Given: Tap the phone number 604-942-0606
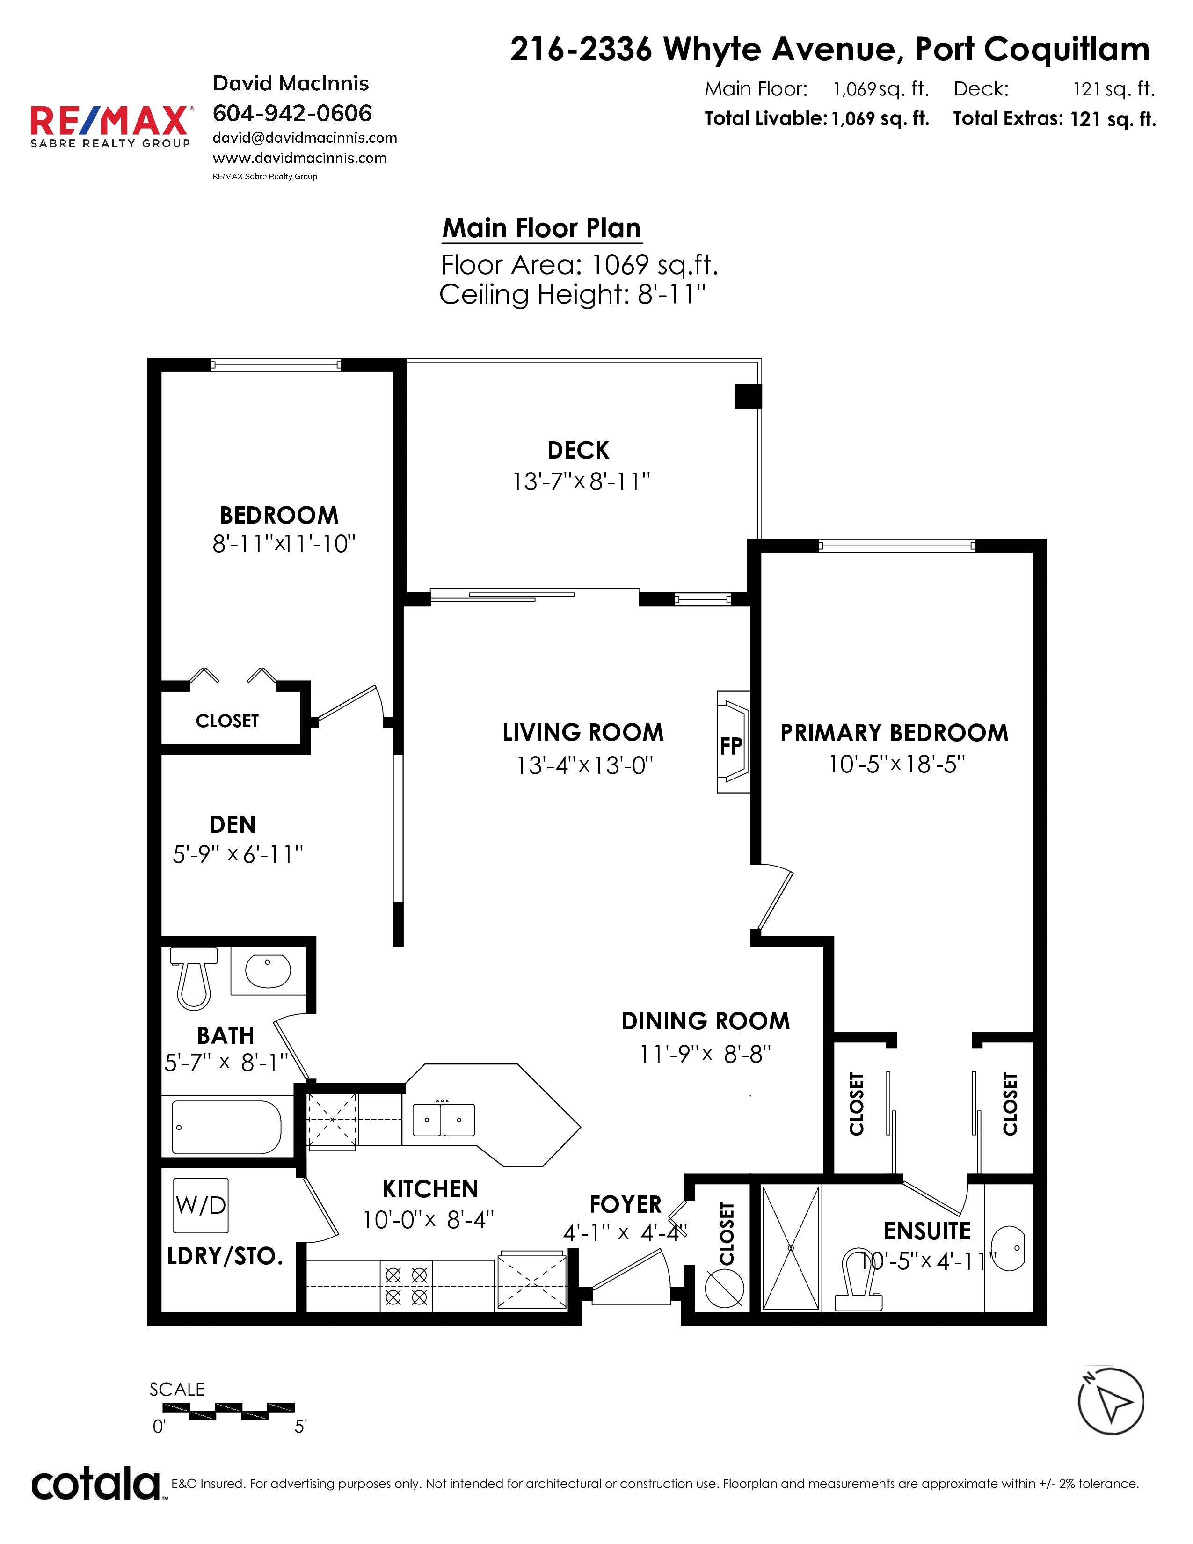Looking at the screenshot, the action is coord(292,113).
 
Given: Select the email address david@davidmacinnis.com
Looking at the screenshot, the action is coord(305,138).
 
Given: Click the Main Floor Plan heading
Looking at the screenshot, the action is coord(541,228).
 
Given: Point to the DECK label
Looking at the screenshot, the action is coord(578,450).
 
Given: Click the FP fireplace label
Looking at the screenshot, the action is coord(731,746).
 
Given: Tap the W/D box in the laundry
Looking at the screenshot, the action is coord(201,1205).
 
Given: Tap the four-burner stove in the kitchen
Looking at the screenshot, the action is coord(407,1286).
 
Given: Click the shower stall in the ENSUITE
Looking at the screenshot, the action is coord(791,1248).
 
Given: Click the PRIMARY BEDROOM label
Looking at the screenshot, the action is coord(894,732).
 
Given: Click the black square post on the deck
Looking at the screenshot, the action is coord(748,396).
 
